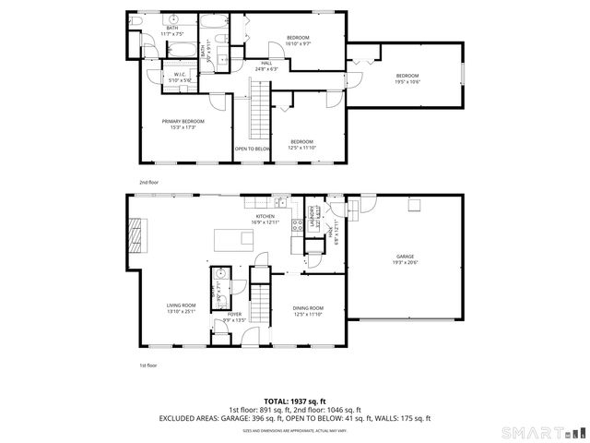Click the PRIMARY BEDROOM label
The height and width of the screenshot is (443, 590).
tap(183, 121)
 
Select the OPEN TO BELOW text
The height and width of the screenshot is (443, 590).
tap(252, 149)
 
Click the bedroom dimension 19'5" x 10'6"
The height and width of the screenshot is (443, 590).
tap(407, 81)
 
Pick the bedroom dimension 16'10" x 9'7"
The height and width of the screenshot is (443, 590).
tap(297, 43)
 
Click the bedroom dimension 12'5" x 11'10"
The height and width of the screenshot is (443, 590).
tap(301, 147)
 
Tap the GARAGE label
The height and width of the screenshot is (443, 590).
tap(405, 257)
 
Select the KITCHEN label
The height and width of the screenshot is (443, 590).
tap(265, 216)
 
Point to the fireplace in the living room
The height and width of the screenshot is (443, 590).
tap(136, 233)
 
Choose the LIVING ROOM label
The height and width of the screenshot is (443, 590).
tap(181, 305)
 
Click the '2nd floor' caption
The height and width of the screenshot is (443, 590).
tap(148, 183)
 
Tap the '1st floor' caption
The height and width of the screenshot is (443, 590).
tap(148, 365)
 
